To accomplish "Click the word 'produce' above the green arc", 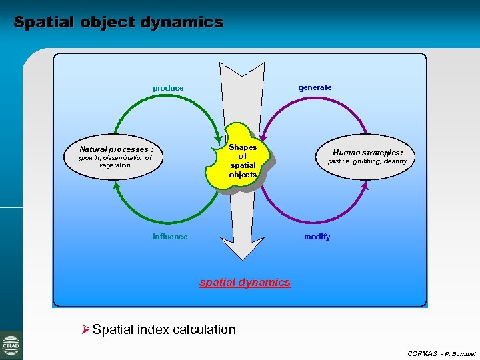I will [x=168, y=88].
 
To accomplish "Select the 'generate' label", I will [x=315, y=87].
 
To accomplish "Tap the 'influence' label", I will [x=170, y=237].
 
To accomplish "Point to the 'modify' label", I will [x=317, y=237].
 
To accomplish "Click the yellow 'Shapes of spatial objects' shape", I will [x=242, y=160].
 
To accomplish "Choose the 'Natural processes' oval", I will [x=116, y=156].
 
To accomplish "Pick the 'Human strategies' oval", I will [x=367, y=156].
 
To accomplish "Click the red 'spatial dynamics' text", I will [x=245, y=282].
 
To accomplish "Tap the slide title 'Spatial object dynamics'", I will [x=118, y=22].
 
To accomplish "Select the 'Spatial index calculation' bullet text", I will [x=164, y=329].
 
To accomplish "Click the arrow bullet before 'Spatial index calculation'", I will [x=85, y=329].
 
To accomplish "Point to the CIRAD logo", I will [x=11, y=345].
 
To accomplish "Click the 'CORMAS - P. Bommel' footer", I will [x=441, y=353].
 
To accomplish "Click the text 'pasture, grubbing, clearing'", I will [x=367, y=161].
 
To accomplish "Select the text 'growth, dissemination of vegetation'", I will [x=115, y=161].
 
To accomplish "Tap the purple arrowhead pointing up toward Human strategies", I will [x=364, y=187].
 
